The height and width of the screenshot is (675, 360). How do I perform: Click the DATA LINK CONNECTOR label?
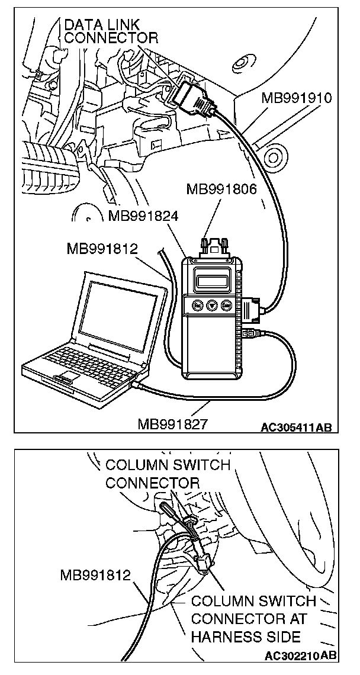(111, 31)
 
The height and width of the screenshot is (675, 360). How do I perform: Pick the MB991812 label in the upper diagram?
(102, 249)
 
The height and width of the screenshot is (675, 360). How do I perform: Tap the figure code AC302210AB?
(301, 655)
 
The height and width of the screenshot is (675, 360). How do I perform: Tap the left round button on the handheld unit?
(198, 305)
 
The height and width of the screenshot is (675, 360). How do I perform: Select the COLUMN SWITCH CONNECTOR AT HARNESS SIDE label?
(253, 619)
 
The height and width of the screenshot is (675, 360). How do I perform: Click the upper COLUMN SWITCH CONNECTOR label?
(167, 473)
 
